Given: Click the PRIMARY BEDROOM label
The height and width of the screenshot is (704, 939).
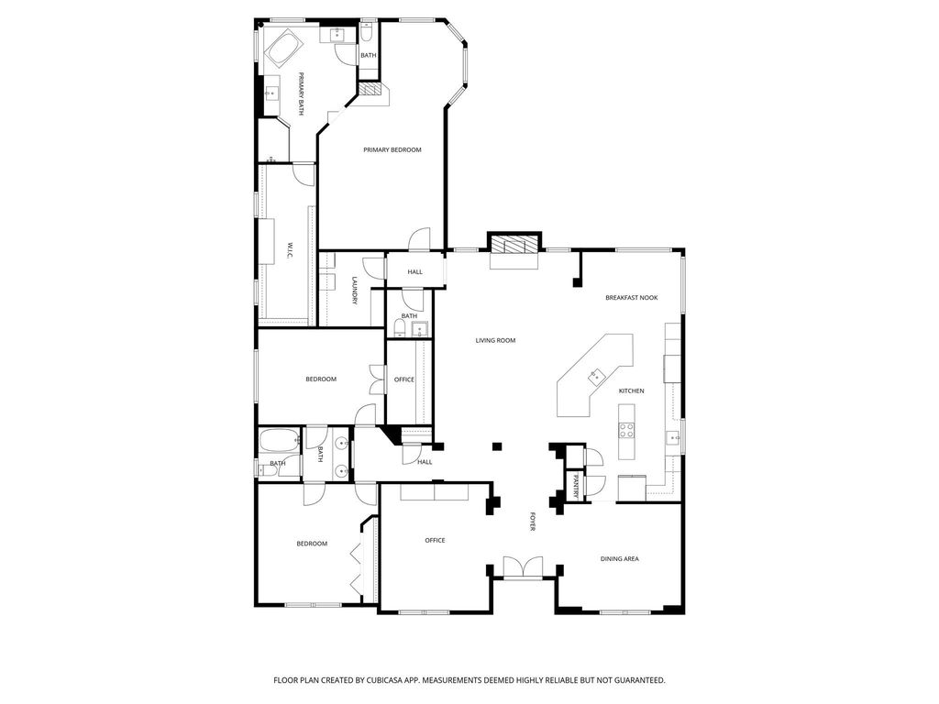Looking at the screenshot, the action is click(392, 149).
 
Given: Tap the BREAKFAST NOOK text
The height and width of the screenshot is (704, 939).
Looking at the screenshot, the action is click(631, 298).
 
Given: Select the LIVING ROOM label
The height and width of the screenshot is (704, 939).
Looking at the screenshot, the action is click(495, 341).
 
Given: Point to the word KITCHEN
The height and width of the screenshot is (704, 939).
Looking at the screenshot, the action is click(631, 390).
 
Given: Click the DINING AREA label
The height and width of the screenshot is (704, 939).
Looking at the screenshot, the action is click(619, 559).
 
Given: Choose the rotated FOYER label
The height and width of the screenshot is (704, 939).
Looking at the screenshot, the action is click(532, 521).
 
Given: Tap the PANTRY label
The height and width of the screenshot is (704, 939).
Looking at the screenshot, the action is click(576, 486).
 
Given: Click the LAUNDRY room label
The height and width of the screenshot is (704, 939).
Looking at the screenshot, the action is click(355, 291).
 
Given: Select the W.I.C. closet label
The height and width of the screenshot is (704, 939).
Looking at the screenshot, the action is click(290, 250).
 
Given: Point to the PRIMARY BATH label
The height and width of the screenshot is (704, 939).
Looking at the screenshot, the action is click(301, 94).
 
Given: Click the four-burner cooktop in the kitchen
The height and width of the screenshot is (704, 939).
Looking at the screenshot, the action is click(626, 429).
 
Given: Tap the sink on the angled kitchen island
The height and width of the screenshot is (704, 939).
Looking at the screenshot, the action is click(596, 376).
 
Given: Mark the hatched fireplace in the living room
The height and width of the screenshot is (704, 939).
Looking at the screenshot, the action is click(514, 244).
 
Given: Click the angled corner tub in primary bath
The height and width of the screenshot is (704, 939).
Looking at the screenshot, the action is click(284, 48).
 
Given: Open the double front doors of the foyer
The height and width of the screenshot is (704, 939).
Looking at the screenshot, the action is click(523, 566).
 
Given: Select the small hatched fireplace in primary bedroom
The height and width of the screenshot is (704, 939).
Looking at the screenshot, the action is click(370, 90).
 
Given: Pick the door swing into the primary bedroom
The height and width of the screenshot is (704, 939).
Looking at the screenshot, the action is click(420, 238).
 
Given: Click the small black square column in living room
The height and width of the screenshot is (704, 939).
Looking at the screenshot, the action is click(497, 446).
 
